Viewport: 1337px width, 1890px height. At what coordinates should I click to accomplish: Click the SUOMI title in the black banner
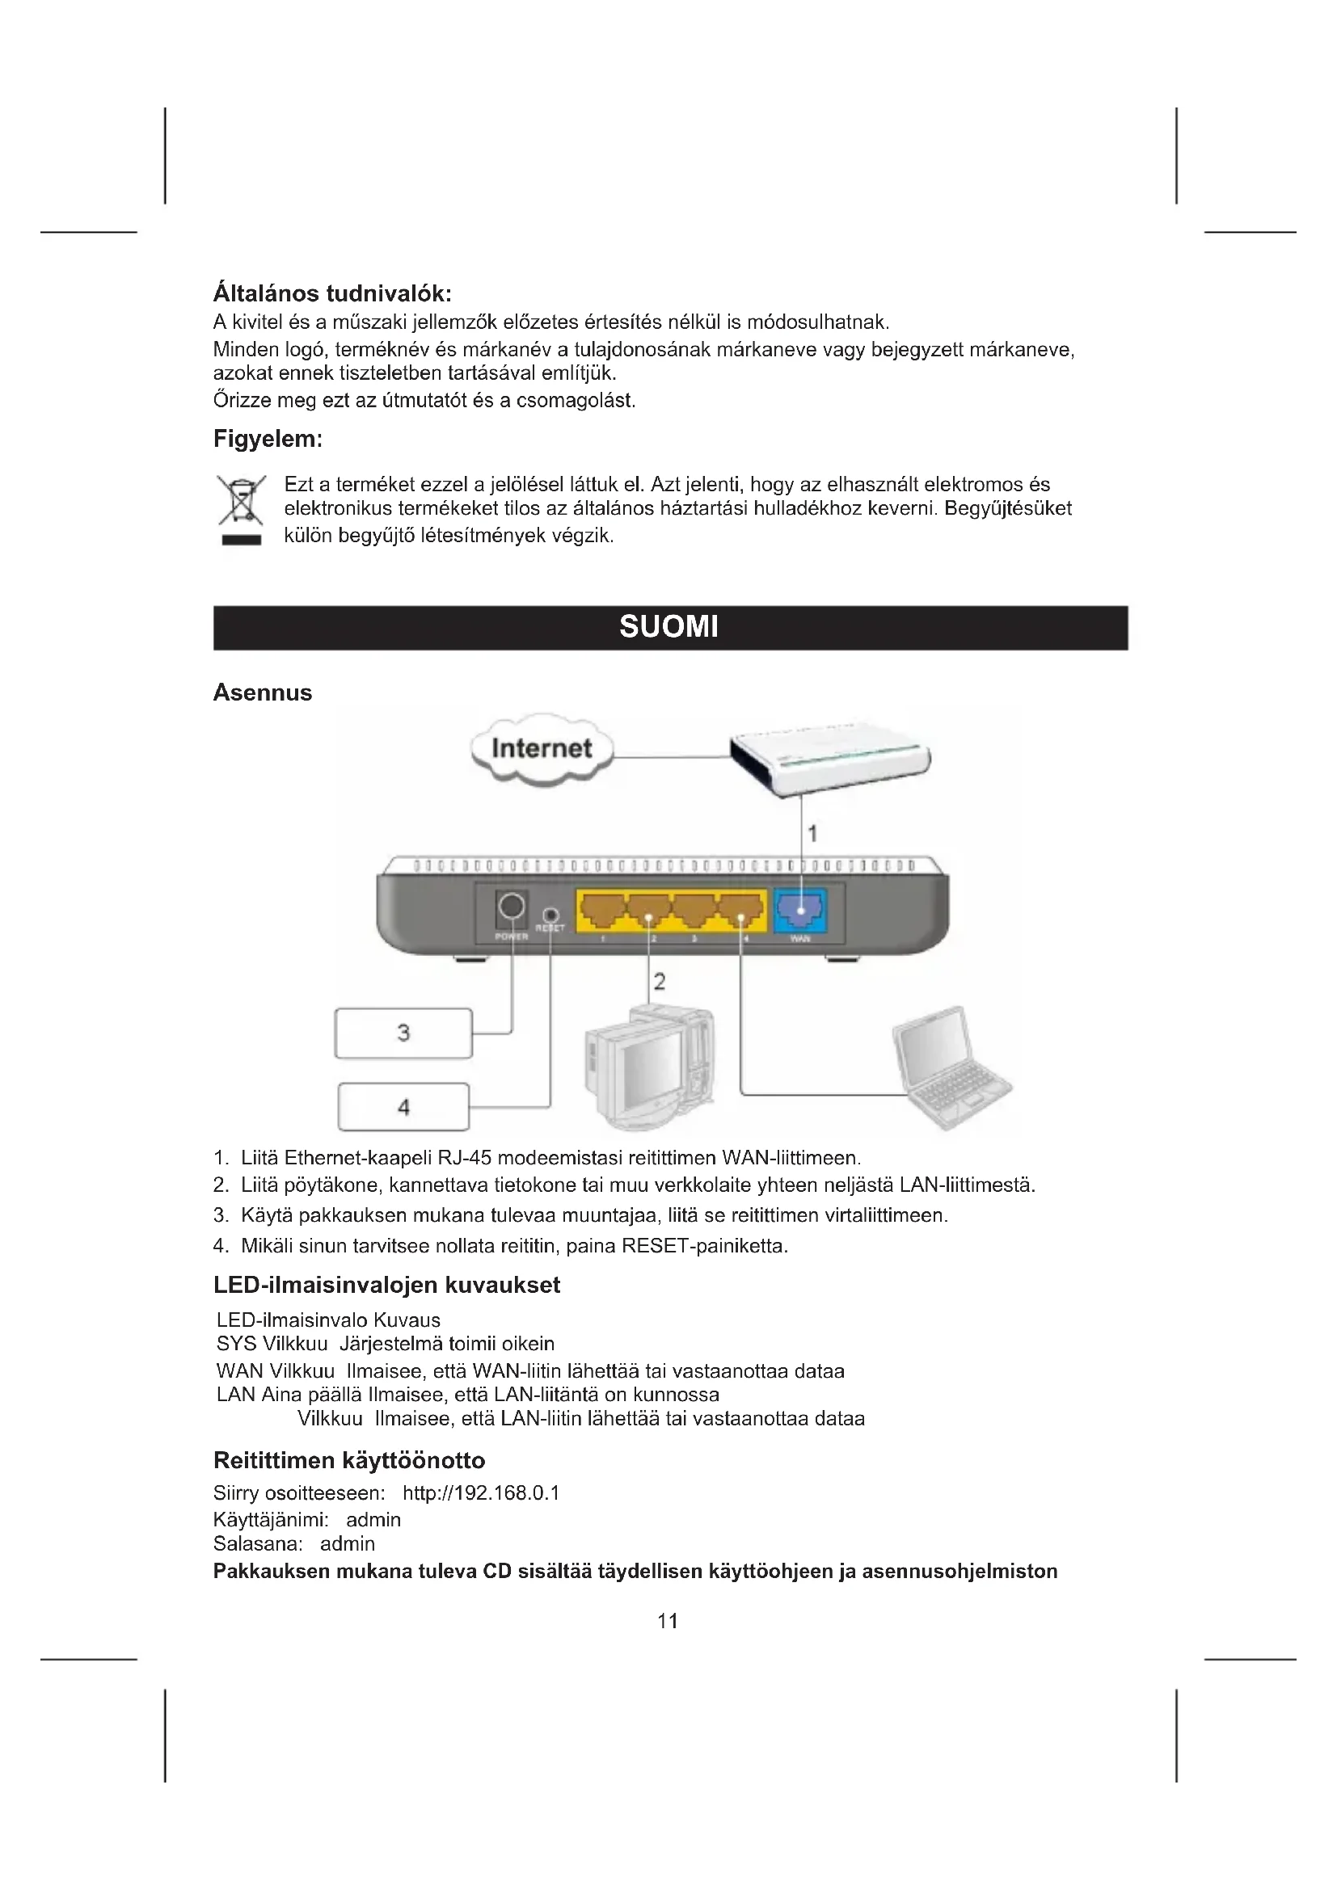(668, 627)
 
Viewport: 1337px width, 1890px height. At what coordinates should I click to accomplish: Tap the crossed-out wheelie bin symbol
(241, 501)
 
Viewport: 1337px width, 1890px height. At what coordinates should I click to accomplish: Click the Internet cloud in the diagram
(542, 748)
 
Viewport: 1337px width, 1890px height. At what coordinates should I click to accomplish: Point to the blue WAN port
(799, 910)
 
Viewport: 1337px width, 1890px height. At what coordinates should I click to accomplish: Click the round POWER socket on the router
(511, 907)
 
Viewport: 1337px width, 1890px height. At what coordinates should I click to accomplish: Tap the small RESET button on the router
(551, 916)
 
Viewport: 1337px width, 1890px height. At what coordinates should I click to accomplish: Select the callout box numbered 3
(403, 1033)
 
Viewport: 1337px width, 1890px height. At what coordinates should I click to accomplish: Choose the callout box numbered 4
(403, 1107)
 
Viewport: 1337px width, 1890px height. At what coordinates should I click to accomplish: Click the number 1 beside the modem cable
(812, 834)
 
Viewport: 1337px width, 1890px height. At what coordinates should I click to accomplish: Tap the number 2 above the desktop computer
(660, 981)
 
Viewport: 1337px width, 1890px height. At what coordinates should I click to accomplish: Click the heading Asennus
(263, 692)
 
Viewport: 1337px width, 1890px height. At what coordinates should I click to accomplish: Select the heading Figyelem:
(268, 439)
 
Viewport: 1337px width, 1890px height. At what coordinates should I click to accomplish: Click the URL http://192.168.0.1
(481, 1493)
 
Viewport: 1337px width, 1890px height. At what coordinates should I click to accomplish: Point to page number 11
(668, 1621)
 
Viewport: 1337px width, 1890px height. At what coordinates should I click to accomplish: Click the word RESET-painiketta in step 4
(704, 1246)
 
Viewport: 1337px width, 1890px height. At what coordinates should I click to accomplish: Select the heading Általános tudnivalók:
(332, 293)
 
